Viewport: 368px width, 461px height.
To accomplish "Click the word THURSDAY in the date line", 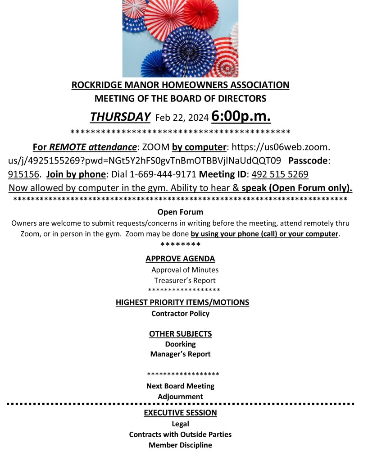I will point(120,117).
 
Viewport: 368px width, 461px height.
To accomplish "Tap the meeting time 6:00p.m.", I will point(241,116).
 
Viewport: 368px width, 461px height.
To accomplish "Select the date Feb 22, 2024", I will point(182,118).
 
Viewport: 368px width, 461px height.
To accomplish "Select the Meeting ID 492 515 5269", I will point(280,174).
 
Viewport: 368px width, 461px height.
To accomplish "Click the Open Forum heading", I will point(180,212).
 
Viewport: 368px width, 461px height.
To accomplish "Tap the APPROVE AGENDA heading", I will point(180,259).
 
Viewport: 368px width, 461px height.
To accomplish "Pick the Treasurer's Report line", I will point(185,280).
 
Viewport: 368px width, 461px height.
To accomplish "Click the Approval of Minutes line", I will point(185,269).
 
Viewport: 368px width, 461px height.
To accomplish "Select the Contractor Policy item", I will point(180,313).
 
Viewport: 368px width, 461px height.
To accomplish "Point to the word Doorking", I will point(180,344).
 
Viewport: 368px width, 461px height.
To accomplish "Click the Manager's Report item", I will point(180,354).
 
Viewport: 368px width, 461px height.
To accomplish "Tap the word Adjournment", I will point(180,397).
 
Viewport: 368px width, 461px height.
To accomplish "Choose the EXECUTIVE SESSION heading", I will point(180,413).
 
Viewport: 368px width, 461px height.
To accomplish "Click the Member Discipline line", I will point(180,445).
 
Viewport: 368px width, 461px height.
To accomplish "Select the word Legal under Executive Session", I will point(180,424).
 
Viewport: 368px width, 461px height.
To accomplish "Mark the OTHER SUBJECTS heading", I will point(180,334).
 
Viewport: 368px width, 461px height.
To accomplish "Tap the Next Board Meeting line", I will point(180,386).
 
